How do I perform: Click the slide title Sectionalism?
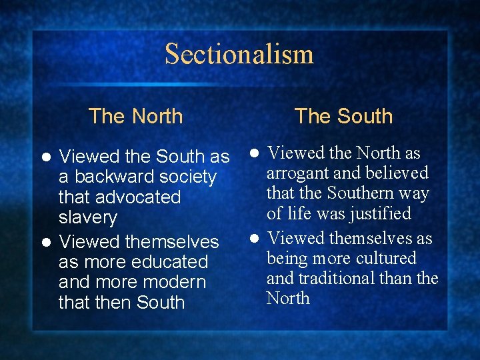point(239,54)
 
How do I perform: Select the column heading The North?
point(135,116)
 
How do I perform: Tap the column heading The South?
point(343,116)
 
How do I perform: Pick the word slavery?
point(87,218)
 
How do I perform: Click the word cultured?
point(385,258)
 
